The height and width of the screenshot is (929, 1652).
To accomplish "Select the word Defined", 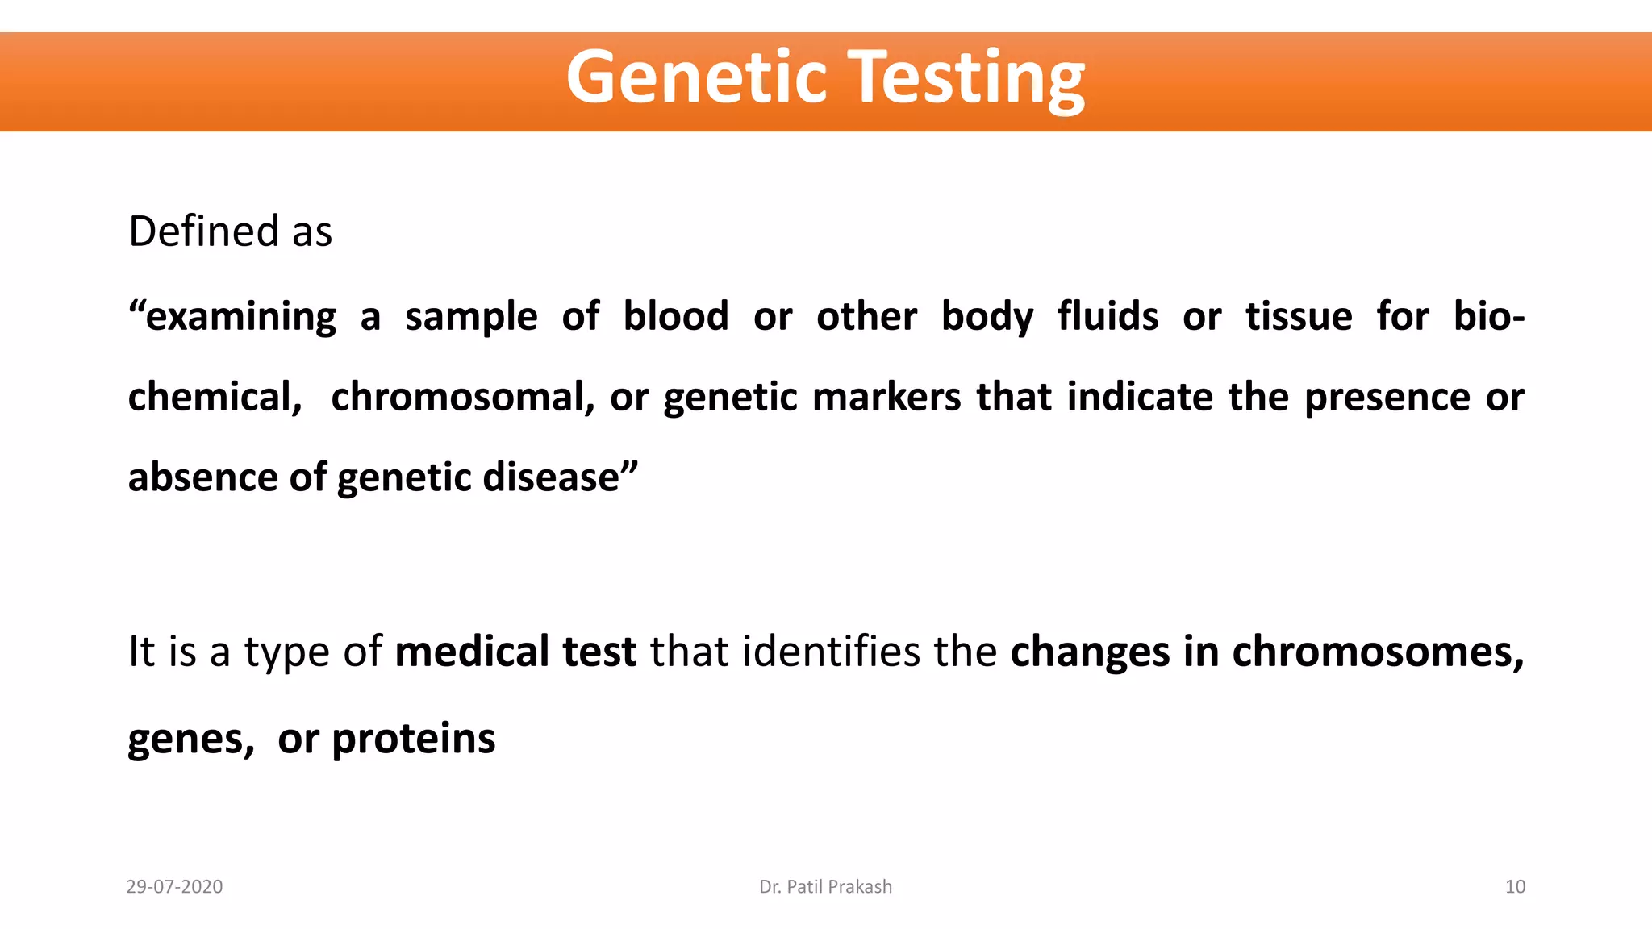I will [x=204, y=231].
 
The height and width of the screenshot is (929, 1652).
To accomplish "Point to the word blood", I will [x=676, y=316].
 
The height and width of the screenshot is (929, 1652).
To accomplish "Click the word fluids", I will [x=1108, y=316].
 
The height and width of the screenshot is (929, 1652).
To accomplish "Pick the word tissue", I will [x=1299, y=316].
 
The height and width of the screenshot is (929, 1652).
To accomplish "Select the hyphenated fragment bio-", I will [x=1489, y=316].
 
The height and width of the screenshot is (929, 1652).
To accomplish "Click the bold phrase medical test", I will [x=515, y=652].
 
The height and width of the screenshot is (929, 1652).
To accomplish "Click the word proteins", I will [x=413, y=739].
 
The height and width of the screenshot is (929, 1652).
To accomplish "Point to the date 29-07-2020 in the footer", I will [x=174, y=887].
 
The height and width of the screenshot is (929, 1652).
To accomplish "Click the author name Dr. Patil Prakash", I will [x=825, y=887].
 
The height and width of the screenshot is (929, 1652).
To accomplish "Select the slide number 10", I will [x=1515, y=887].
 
